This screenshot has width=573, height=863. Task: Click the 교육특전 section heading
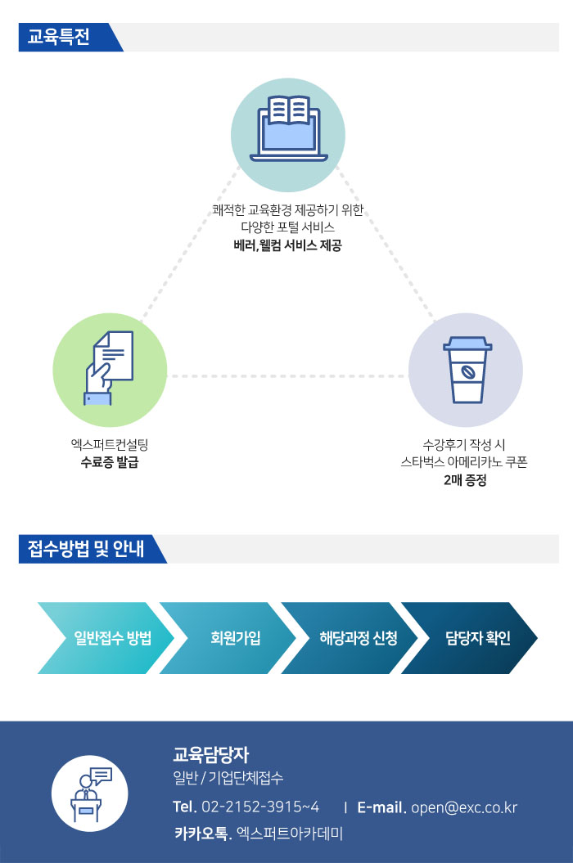point(58,37)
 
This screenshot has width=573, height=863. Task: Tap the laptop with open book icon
point(289,128)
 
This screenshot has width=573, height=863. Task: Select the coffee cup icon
point(467,370)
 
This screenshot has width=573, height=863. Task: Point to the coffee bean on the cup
point(467,372)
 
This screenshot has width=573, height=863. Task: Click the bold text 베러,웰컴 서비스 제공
point(287,245)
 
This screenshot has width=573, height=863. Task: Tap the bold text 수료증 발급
point(110,462)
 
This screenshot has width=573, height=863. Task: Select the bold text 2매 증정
point(465,480)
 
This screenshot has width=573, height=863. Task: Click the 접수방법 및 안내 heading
point(86,549)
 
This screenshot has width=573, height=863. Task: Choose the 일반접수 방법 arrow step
point(106,638)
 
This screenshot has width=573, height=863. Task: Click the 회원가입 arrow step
point(228,638)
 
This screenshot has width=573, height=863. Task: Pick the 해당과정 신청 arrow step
point(350,638)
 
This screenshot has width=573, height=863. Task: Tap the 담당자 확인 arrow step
point(469,638)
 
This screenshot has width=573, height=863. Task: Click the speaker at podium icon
point(90,793)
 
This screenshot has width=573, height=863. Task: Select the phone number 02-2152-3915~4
point(260,807)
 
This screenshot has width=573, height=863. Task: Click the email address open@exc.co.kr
point(464,807)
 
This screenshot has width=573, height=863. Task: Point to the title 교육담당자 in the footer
point(211,754)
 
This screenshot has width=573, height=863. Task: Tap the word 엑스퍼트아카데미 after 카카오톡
point(290,834)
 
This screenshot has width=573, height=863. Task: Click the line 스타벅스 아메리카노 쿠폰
point(464,462)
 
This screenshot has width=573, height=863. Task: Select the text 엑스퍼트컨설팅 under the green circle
point(110,445)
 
